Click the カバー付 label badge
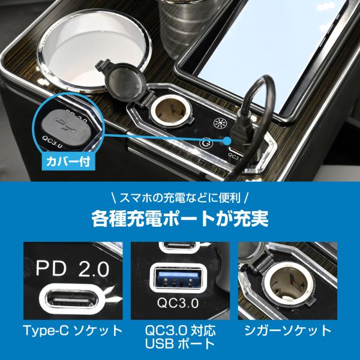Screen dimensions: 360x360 pos(68,161)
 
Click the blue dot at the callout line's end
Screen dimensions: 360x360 pos(227,140)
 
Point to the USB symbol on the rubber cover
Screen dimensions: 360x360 pos(67,126)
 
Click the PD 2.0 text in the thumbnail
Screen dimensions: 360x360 pos(73,269)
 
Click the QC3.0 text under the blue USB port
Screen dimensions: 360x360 pos(178,303)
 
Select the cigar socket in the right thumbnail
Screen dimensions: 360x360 pos(288,284)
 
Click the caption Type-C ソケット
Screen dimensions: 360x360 pos(73,331)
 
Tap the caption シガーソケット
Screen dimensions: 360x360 pos(287,331)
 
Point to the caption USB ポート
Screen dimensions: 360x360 pos(179,344)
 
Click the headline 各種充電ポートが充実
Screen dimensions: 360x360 pos(180,218)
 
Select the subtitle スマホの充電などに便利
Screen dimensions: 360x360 pos(180,198)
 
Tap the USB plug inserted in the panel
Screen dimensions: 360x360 pos(239,133)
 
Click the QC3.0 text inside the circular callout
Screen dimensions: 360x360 pos(52,142)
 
